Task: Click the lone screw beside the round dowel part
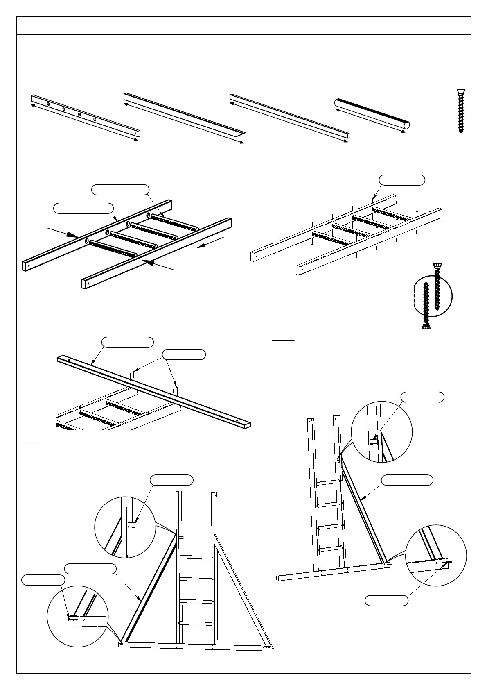[x=461, y=111]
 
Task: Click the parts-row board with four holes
[x=85, y=116]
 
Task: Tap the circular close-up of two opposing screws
[x=432, y=296]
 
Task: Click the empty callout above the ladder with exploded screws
[x=401, y=179]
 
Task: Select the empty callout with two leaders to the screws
[x=184, y=354]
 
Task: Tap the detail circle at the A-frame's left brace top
[x=125, y=527]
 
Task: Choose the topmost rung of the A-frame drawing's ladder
[x=196, y=556]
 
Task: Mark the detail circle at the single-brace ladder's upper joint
[x=381, y=432]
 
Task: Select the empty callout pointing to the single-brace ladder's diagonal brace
[x=407, y=480]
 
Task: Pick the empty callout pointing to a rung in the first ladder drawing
[x=120, y=189]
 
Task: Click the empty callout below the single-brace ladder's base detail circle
[x=386, y=601]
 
